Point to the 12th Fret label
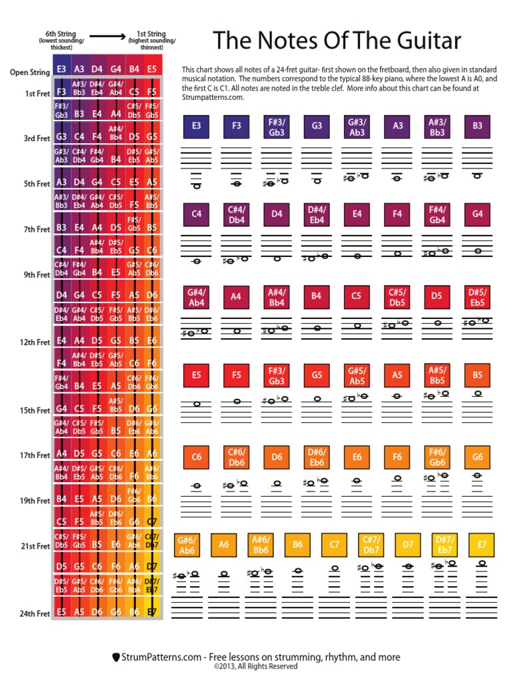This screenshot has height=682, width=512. pyautogui.click(x=34, y=342)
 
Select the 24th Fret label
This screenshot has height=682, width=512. pyautogui.click(x=34, y=613)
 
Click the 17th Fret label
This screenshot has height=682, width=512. pyautogui.click(x=34, y=456)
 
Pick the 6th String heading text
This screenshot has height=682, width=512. pyautogui.click(x=60, y=33)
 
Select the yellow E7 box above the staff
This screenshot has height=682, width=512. pyautogui.click(x=481, y=544)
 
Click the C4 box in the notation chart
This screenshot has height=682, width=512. pyautogui.click(x=197, y=214)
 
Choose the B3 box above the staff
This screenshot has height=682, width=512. pyautogui.click(x=477, y=125)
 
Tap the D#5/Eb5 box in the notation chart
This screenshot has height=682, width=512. pyautogui.click(x=477, y=296)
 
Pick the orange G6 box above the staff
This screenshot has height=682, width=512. pyautogui.click(x=477, y=457)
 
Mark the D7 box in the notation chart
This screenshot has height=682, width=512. pyautogui.click(x=408, y=544)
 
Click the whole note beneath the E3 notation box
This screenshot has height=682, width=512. pyautogui.click(x=197, y=186)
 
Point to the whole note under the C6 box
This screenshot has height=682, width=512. pyautogui.click(x=197, y=486)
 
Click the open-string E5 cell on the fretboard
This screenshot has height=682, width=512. pyautogui.click(x=152, y=68)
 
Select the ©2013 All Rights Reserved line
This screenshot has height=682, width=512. pyautogui.click(x=256, y=666)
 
